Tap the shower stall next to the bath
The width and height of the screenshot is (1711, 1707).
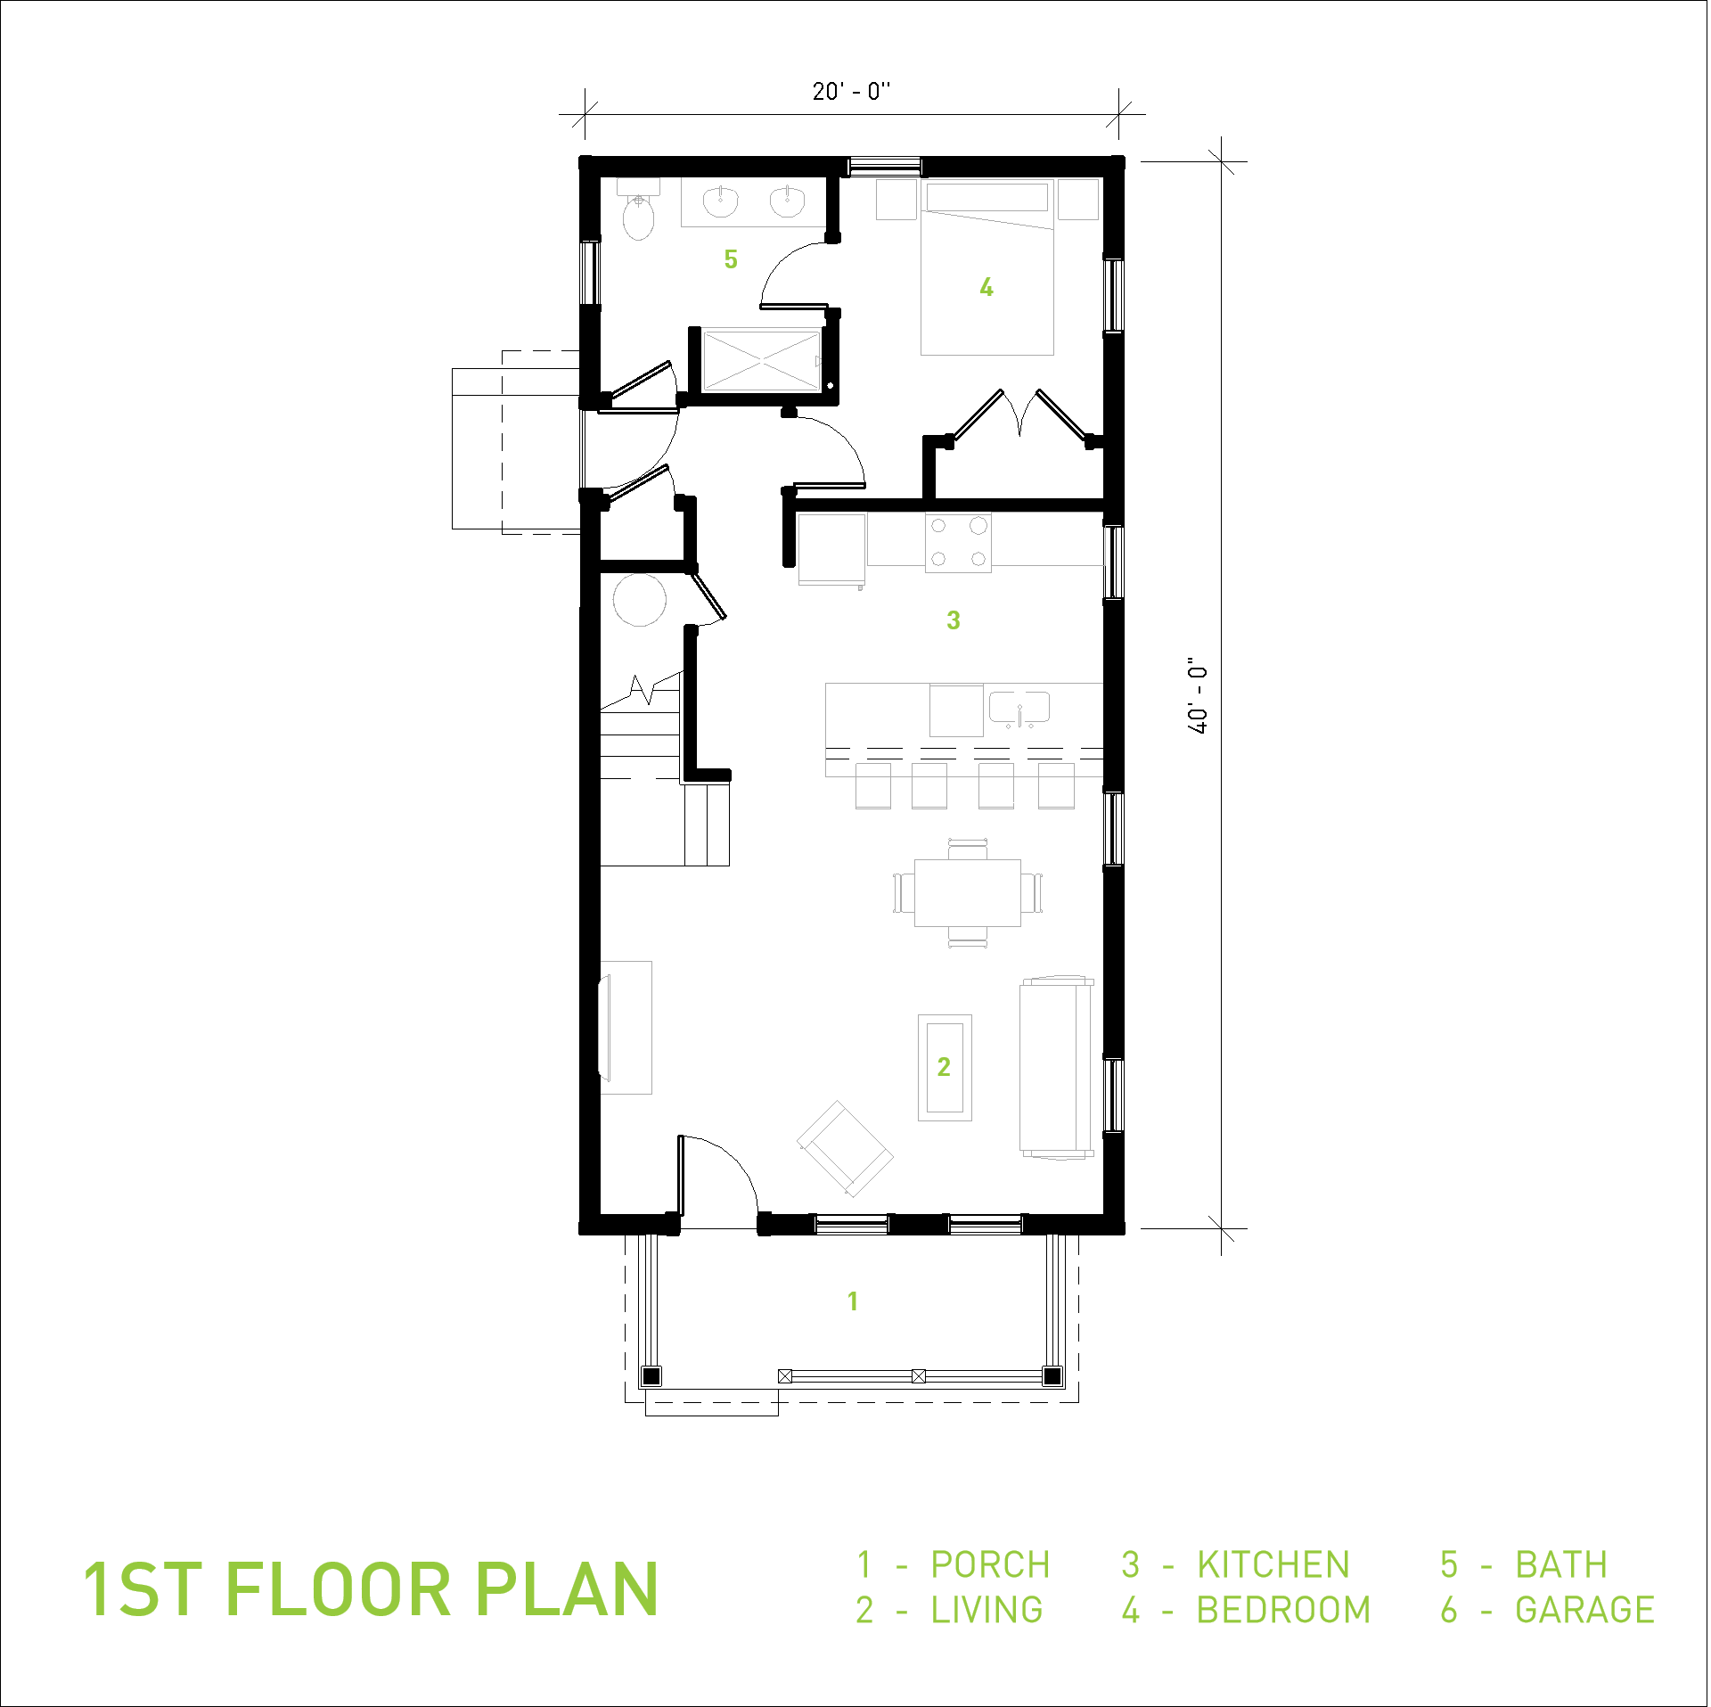[x=762, y=360]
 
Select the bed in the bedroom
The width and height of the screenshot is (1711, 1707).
[x=987, y=267]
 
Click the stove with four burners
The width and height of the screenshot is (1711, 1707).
[x=958, y=542]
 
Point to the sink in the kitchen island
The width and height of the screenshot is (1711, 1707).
[x=1019, y=709]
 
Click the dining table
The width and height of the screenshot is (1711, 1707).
[x=968, y=892]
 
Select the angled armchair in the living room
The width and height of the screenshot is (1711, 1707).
[x=845, y=1148]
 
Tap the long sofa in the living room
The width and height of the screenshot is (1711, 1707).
[x=1058, y=1067]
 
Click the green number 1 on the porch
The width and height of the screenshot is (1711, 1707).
[x=853, y=1301]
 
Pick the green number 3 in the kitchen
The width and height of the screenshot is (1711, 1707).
[x=954, y=620]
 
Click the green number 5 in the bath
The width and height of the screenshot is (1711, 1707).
[x=731, y=259]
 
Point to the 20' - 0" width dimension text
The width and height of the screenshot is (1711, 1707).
[x=851, y=91]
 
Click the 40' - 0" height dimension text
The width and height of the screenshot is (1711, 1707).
[x=1198, y=695]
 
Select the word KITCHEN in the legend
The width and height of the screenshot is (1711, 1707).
[x=1273, y=1564]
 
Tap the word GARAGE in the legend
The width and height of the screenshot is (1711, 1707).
[x=1585, y=1610]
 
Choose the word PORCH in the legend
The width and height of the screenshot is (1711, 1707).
[x=991, y=1564]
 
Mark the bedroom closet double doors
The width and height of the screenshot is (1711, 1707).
[x=1020, y=415]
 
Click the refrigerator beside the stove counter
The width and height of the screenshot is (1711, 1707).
[x=832, y=550]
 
